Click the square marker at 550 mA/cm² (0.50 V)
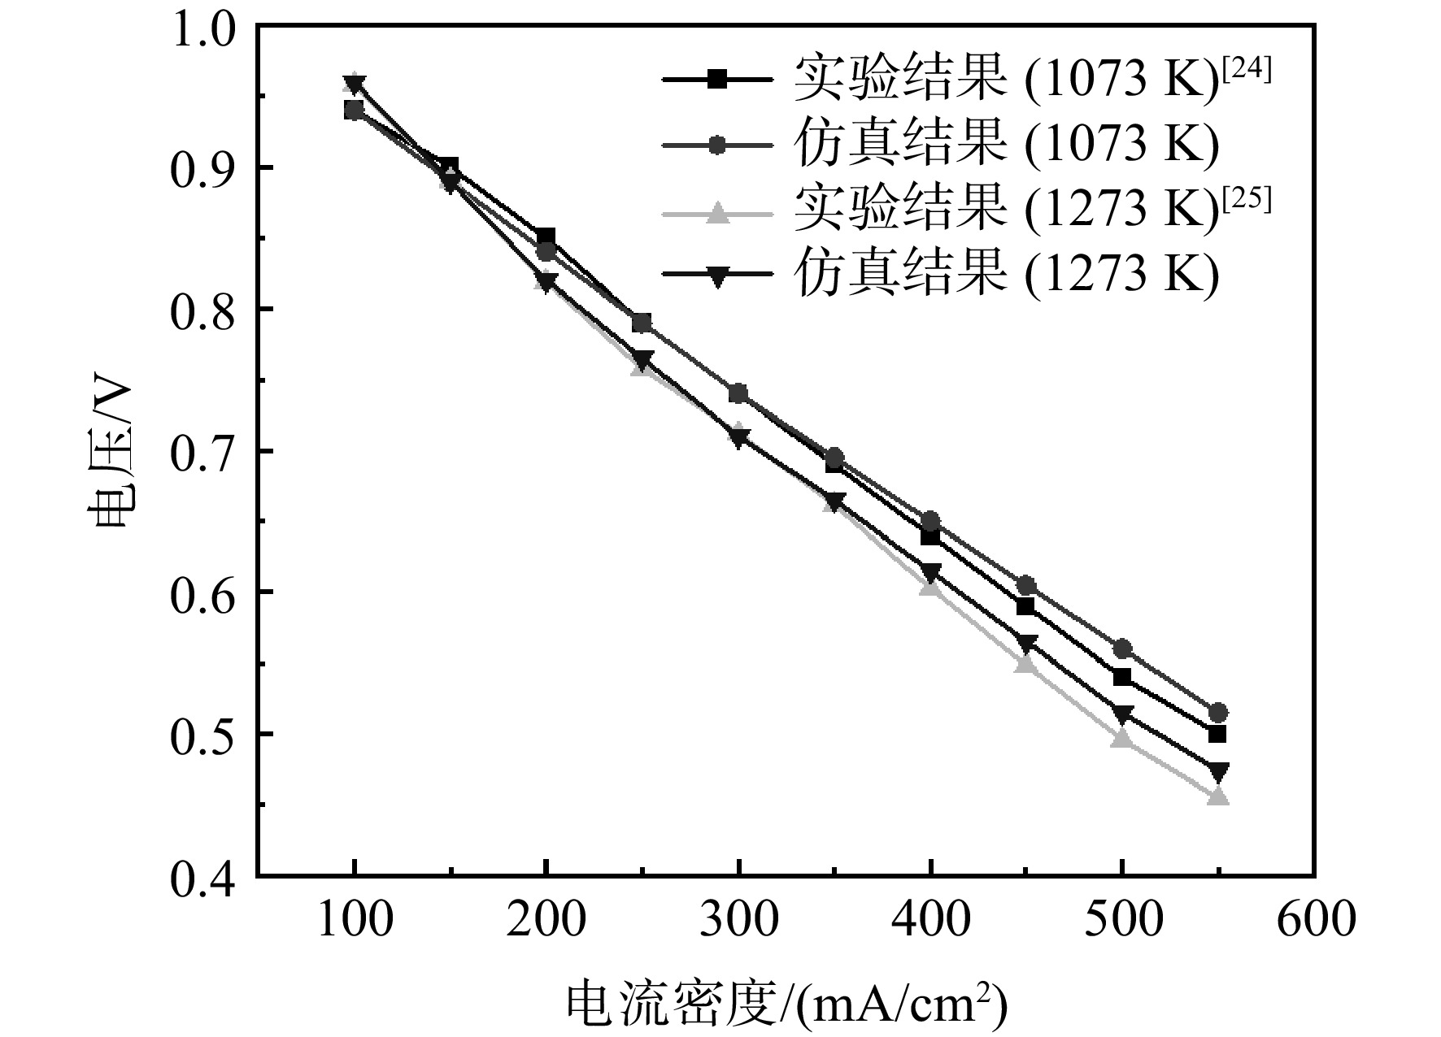(x=1217, y=734)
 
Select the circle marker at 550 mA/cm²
(x=1218, y=713)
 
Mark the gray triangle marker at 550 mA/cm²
(x=1218, y=796)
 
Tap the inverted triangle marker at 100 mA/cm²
(x=354, y=83)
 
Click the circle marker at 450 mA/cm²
(x=1025, y=585)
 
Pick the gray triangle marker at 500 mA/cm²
(x=1122, y=738)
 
